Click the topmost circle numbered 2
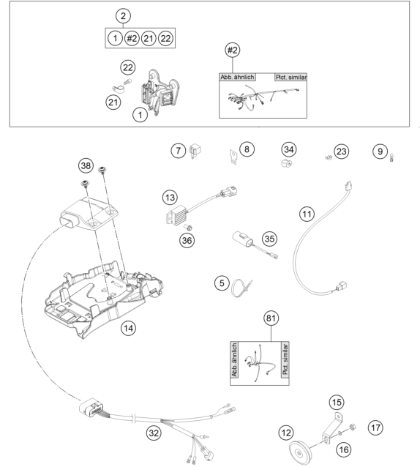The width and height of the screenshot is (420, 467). point(124,15)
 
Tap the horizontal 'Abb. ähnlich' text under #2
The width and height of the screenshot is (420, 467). point(236,76)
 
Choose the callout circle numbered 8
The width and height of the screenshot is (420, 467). point(247,149)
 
